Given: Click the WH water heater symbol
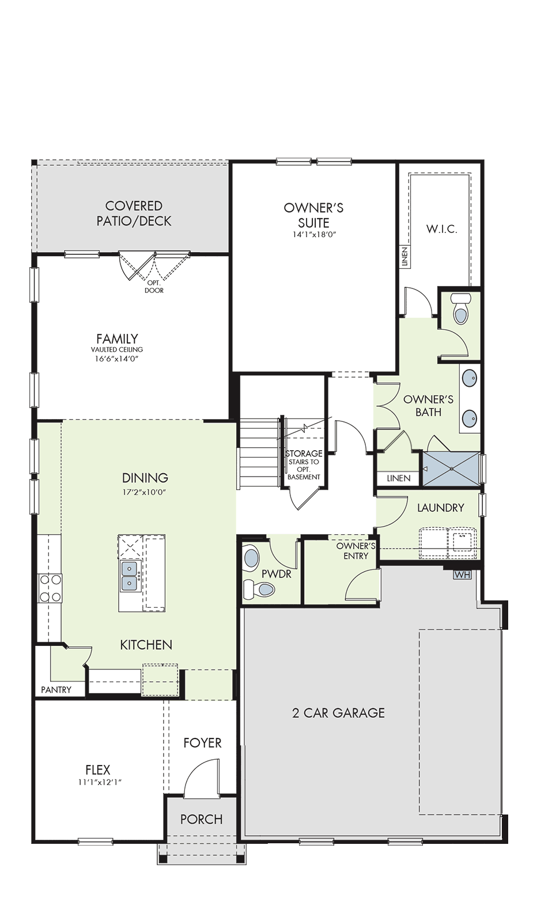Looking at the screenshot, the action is coord(462,575).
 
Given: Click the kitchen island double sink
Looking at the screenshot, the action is coord(129,576).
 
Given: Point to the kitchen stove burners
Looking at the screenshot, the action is coord(50,588).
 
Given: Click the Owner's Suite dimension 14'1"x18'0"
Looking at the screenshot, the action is coord(313,235).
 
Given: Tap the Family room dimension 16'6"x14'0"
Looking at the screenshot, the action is coord(118,358).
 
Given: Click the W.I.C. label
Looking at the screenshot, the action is coord(441,230).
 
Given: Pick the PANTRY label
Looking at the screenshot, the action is coord(56,690).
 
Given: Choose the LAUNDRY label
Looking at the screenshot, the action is coord(440,508).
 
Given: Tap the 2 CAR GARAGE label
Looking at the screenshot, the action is coord(338,713).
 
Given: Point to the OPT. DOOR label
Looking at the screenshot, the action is coord(154,287).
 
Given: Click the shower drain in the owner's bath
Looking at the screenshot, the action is coord(451,469).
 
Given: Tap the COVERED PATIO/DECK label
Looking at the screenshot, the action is coord(134,214).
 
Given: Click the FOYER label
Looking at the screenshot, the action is coord(202,743).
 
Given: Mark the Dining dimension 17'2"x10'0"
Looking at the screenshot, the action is coord(145,492).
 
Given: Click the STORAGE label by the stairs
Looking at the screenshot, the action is coord(304,454).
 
